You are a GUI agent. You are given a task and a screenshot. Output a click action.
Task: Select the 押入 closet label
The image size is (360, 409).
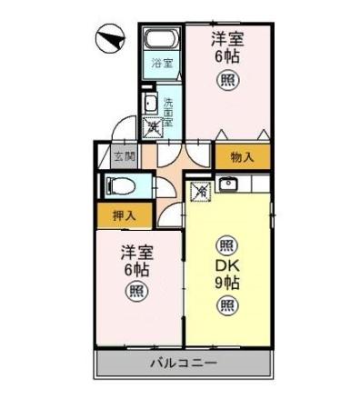[x=125, y=216]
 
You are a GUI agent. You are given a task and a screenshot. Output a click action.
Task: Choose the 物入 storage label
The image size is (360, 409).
[x=241, y=156]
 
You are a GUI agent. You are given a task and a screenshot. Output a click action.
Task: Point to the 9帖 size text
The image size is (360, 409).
[x=226, y=283]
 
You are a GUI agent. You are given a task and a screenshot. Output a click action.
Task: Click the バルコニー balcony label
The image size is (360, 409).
[x=185, y=364]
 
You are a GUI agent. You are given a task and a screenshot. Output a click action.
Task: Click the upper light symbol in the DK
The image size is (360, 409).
[x=226, y=244]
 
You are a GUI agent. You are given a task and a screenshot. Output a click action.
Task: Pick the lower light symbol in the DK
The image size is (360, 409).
[x=226, y=304]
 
